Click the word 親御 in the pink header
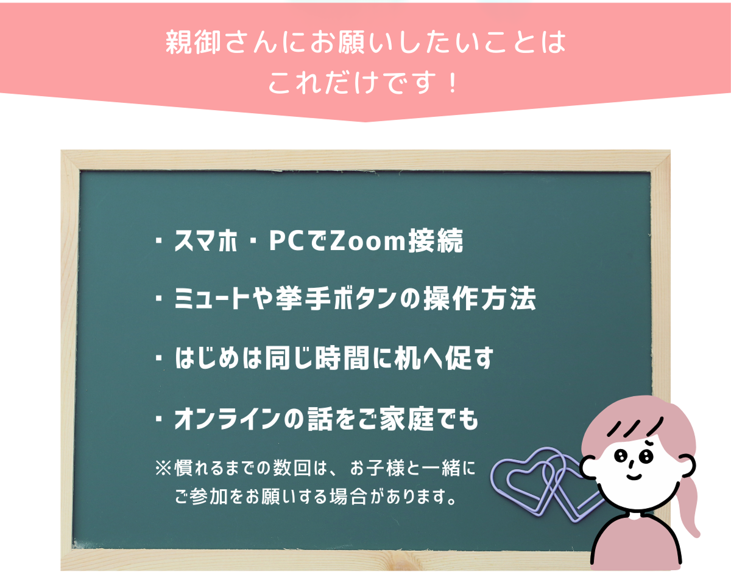point(193,43)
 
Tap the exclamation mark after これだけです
point(453,83)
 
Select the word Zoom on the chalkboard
point(368,240)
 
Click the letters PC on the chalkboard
point(291,240)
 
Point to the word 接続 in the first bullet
point(436,240)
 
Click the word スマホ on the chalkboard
point(207,240)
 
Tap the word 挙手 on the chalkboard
point(303,299)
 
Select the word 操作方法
point(479,299)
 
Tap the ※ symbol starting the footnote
point(164,467)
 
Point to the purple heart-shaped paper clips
point(545,484)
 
